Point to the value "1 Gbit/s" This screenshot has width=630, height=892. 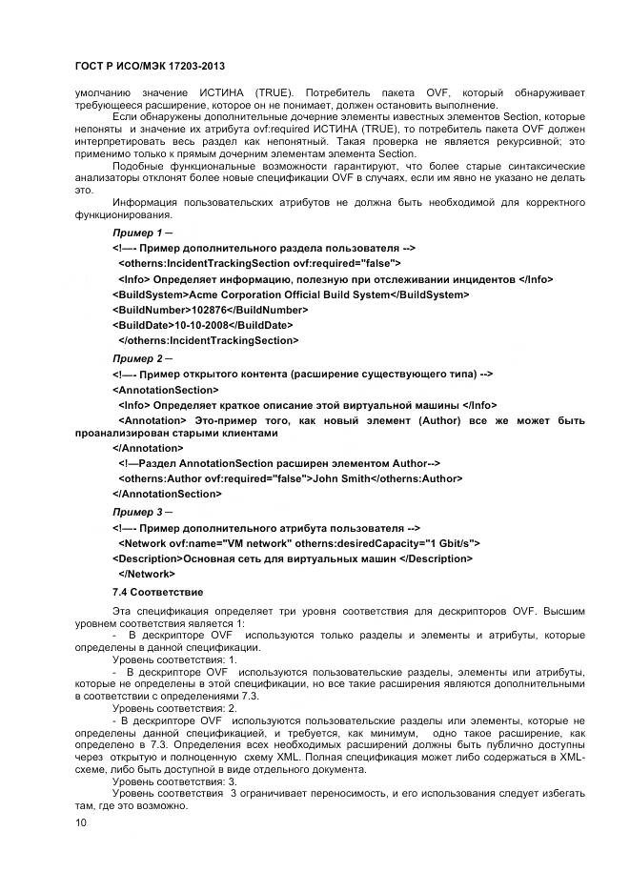tap(447, 542)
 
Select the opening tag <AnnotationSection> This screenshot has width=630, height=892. tap(165, 389)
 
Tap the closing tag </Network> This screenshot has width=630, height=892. tap(147, 574)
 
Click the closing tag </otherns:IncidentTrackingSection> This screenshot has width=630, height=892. tap(208, 340)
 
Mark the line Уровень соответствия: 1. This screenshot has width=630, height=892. tap(174, 659)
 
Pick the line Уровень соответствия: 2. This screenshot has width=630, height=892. tap(174, 708)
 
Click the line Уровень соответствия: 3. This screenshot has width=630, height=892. tap(174, 781)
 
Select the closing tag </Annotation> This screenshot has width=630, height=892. tap(148, 448)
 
